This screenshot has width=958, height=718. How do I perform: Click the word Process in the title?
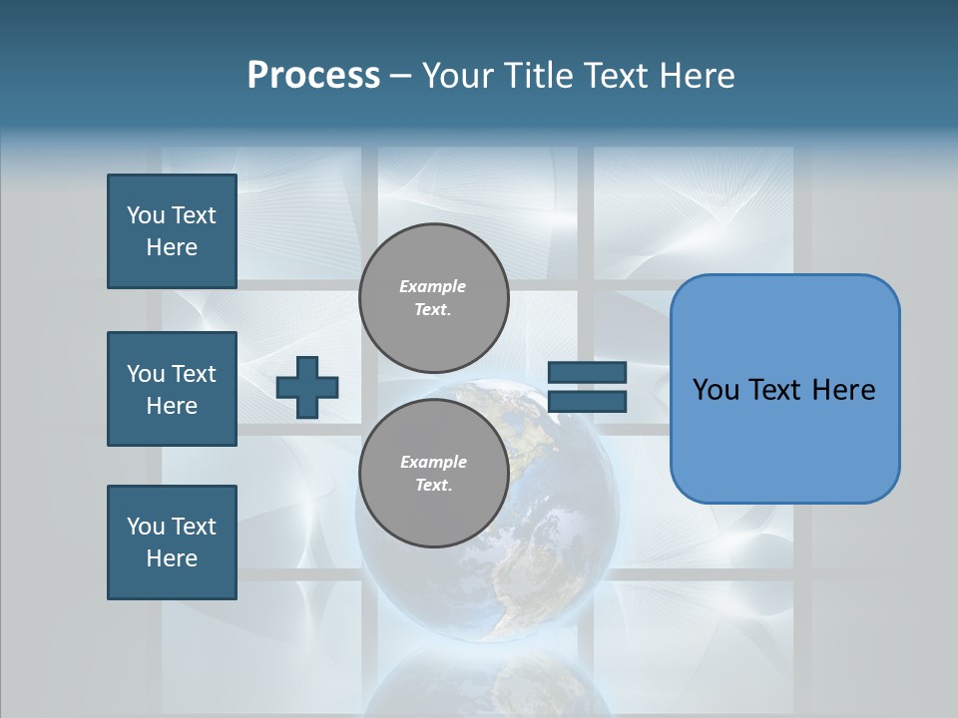tap(313, 76)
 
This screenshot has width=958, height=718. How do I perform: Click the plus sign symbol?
tap(307, 387)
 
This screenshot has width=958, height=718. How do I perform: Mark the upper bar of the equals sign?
tap(588, 372)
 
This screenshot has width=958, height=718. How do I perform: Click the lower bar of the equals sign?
tap(588, 401)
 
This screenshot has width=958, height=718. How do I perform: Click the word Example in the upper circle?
tap(433, 286)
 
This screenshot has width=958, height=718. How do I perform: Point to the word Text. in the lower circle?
tap(433, 485)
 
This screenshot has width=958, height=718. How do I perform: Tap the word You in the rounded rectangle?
tap(715, 390)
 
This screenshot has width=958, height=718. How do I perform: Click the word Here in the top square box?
tap(172, 247)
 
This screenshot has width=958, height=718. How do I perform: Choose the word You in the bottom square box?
tap(146, 527)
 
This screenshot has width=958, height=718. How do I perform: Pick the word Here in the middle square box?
tap(172, 406)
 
